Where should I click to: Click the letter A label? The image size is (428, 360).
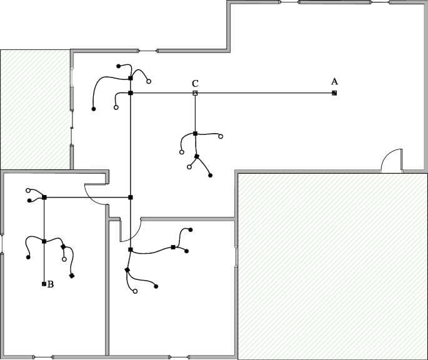(334, 81)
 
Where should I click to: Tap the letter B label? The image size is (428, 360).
(51, 284)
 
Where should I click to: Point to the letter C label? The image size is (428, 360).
(195, 83)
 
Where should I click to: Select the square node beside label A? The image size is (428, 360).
(334, 93)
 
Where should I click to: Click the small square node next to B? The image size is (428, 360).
(44, 284)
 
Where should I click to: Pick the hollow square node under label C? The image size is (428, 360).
(195, 93)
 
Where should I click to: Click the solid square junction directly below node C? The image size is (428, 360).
(195, 134)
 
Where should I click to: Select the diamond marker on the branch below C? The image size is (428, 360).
(197, 156)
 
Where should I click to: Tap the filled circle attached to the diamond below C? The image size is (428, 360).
(211, 176)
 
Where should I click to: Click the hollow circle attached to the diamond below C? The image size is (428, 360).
(189, 167)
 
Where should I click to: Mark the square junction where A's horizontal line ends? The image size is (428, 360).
(131, 93)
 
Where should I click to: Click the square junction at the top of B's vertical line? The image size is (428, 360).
(44, 197)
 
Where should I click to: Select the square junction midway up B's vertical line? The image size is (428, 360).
(44, 241)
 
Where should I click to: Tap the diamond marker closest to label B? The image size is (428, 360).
(72, 276)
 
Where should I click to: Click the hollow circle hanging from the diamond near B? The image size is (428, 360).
(64, 259)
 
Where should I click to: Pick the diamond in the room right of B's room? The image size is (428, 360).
(127, 270)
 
